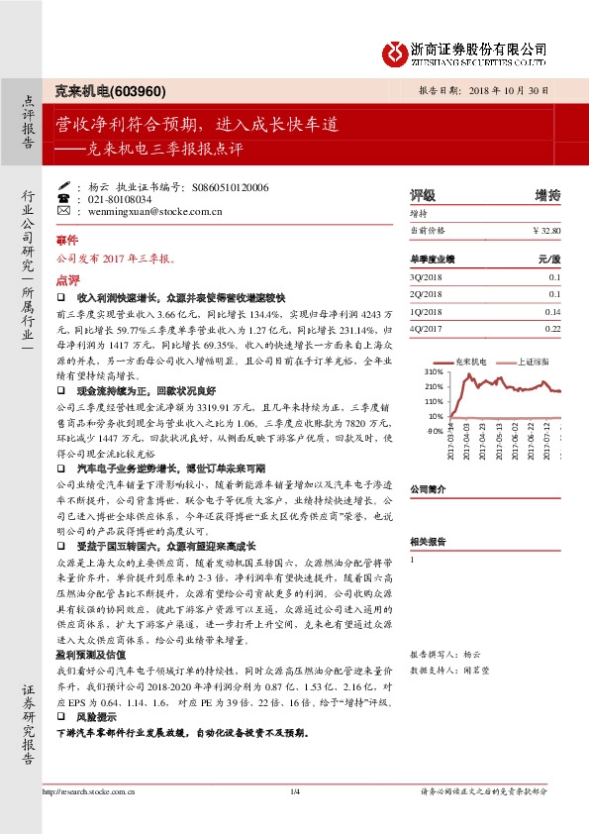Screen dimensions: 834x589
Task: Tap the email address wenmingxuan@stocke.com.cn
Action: click(x=146, y=210)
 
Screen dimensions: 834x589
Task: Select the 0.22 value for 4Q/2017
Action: click(x=553, y=328)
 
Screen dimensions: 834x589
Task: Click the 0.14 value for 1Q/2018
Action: click(x=553, y=311)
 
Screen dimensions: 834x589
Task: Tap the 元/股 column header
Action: click(x=548, y=259)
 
